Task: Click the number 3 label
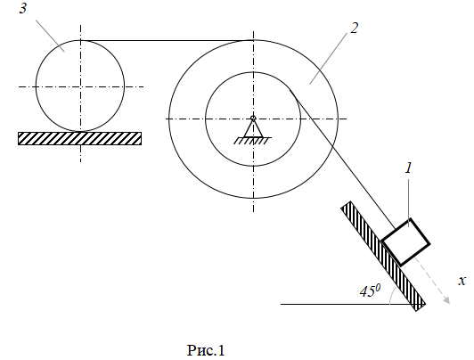23,8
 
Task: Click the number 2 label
354,29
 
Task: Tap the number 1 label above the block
409,168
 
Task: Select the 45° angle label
370,290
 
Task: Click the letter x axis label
462,281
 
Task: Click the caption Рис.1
206,350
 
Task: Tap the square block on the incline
405,242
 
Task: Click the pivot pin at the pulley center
253,118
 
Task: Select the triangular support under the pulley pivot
253,128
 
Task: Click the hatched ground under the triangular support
252,141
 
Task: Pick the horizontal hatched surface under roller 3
80,138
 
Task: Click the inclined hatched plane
383,256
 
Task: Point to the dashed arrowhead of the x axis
446,299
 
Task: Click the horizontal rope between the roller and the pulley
167,40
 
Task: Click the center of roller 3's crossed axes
80,86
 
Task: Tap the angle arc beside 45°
392,296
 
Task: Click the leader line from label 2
328,58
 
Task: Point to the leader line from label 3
50,36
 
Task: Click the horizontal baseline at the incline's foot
347,304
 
